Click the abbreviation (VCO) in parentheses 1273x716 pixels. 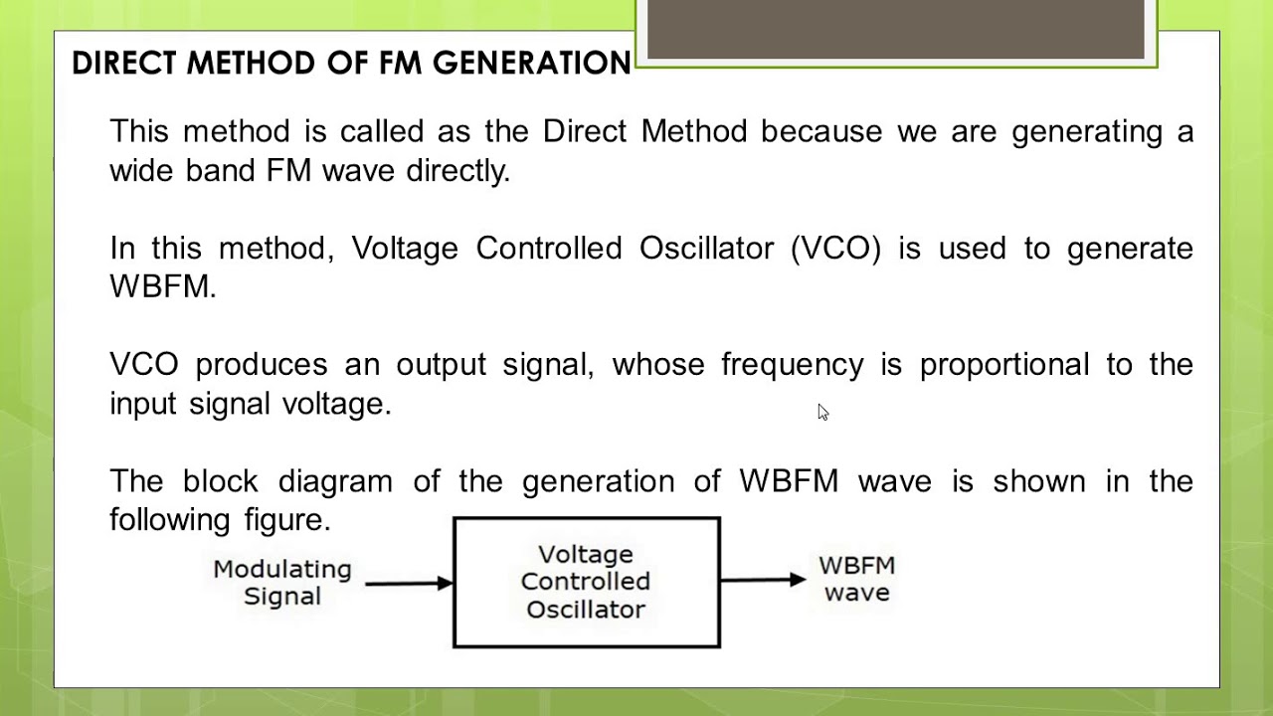[835, 249]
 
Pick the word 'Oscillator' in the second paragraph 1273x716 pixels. [706, 249]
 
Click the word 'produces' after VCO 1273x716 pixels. [261, 365]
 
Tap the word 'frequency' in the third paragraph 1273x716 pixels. [792, 365]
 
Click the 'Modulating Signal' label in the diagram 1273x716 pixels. [282, 583]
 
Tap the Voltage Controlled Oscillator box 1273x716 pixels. [586, 582]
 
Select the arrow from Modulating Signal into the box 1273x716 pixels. [408, 583]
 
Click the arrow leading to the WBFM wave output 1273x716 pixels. [762, 579]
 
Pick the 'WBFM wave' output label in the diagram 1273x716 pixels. [856, 579]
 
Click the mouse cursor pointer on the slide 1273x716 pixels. [822, 412]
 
